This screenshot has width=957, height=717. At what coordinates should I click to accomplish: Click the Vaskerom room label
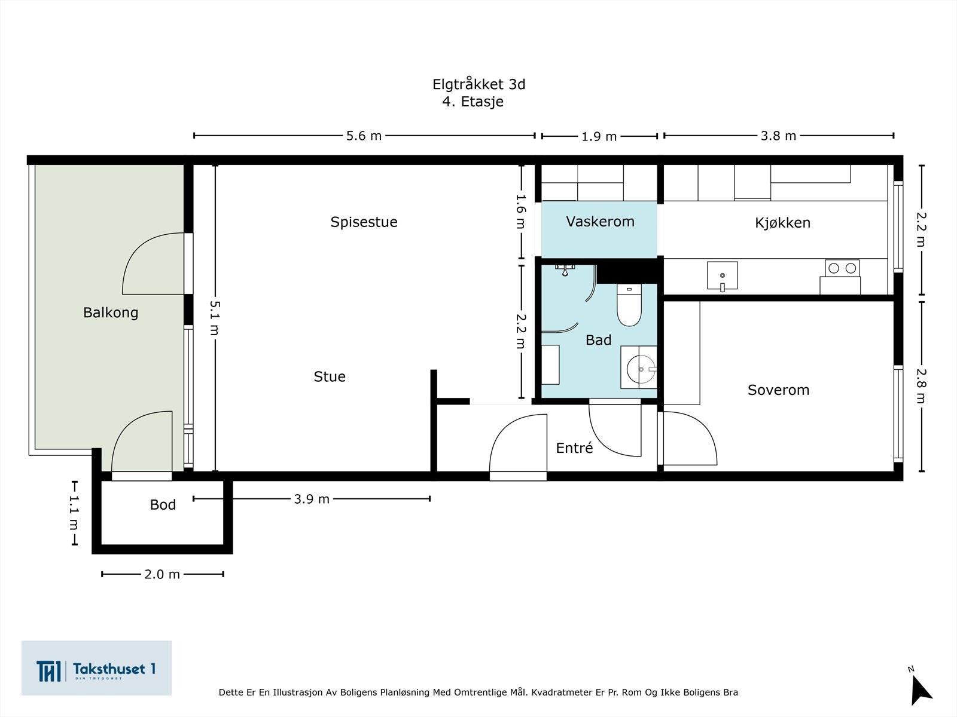click(600, 222)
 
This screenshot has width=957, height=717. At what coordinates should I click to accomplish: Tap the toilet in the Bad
click(629, 307)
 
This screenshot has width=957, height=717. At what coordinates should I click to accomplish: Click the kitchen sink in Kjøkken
click(722, 275)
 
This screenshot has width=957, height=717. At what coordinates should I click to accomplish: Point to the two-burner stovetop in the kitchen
click(842, 268)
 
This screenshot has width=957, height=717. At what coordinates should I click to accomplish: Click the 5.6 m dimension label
click(364, 136)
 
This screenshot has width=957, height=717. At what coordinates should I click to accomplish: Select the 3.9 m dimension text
click(312, 499)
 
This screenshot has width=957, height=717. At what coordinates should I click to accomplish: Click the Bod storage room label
click(163, 505)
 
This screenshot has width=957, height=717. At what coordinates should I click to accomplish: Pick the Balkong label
click(111, 312)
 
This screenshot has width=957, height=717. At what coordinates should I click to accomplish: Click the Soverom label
click(778, 390)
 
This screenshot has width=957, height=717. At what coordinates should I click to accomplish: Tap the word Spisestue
click(364, 222)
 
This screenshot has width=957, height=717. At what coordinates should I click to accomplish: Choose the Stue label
click(330, 376)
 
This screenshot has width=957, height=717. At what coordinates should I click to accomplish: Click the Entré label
click(574, 448)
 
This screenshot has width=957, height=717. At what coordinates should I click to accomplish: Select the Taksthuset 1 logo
click(96, 669)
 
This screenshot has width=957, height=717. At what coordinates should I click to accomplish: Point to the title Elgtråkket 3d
click(478, 84)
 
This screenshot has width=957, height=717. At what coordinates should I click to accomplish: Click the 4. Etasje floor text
click(473, 102)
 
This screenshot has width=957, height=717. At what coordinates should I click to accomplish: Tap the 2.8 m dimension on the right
click(921, 385)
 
